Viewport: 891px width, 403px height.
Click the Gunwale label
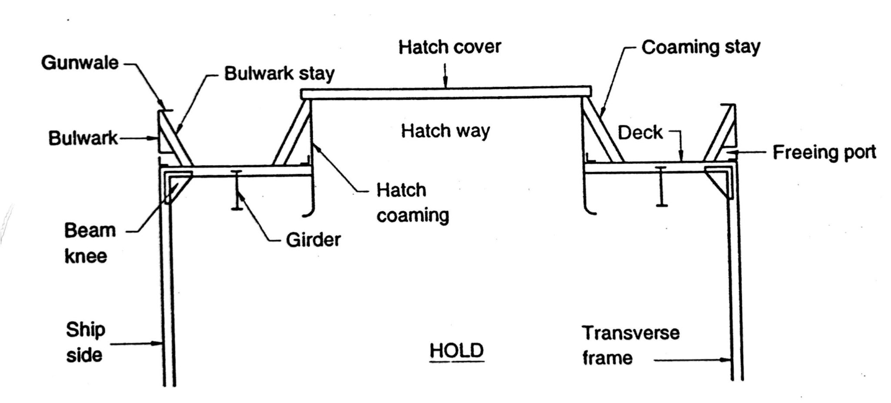(80, 63)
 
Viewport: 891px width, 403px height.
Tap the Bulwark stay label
(279, 74)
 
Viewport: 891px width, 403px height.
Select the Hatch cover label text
(449, 47)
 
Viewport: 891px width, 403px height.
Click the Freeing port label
(824, 152)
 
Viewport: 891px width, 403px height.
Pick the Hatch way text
(445, 131)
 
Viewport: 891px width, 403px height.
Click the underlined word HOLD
(456, 351)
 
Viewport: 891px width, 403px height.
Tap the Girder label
(313, 240)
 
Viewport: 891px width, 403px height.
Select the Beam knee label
(90, 243)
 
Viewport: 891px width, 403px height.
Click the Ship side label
(85, 342)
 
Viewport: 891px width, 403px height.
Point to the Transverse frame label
(630, 345)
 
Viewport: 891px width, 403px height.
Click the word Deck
(640, 133)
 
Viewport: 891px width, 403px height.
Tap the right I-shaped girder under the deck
(661, 186)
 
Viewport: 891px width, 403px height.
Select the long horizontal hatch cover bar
(445, 93)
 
